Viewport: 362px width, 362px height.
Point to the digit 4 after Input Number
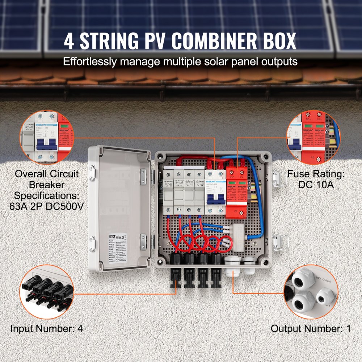(80, 329)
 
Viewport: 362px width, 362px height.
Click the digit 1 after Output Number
(348, 329)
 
